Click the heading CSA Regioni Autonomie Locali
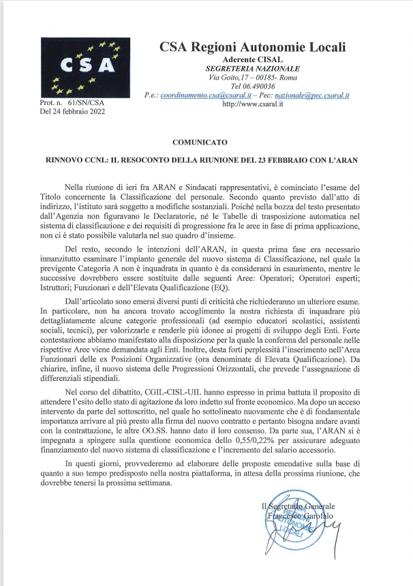pyautogui.click(x=252, y=47)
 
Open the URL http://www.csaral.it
pyautogui.click(x=252, y=105)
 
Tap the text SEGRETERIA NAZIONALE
pyautogui.click(x=252, y=69)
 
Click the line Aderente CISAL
pyautogui.click(x=252, y=59)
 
